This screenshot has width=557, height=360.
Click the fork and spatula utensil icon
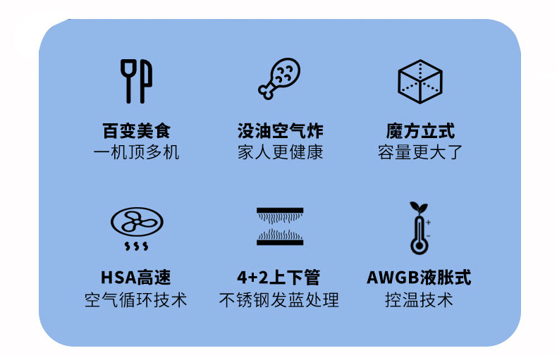point(136,80)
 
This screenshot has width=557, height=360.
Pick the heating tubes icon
point(279,227)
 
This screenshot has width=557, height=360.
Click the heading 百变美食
point(136,131)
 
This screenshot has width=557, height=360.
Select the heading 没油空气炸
point(280,131)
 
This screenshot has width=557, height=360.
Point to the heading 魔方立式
point(420,131)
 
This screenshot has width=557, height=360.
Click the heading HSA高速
point(136,277)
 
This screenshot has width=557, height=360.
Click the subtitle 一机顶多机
point(136,152)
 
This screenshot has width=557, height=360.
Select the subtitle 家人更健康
point(280,152)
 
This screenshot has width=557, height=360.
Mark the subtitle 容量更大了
point(420,152)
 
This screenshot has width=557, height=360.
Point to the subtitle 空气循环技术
point(136,299)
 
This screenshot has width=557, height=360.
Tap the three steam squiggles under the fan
point(136,246)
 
